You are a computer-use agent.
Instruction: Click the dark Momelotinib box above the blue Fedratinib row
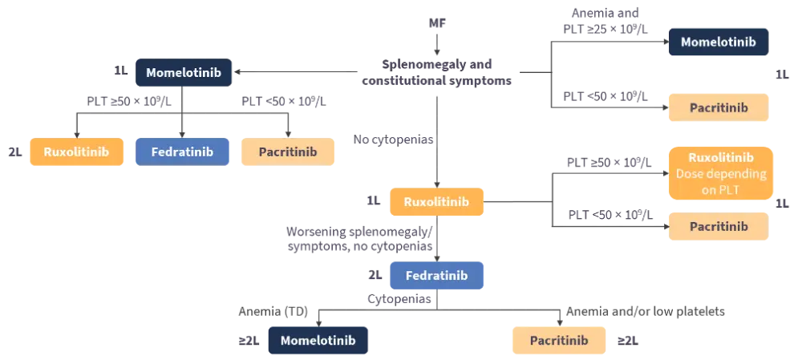(x=185, y=73)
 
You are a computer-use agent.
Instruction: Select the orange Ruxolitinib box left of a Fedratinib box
(x=76, y=151)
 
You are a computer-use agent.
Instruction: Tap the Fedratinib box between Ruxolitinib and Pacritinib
(x=184, y=151)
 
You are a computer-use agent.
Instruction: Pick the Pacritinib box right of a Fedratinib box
(x=288, y=151)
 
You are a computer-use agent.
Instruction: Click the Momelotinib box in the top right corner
(x=719, y=41)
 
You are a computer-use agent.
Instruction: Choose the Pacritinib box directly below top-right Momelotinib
(x=719, y=106)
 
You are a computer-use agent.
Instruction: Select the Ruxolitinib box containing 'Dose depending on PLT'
(x=721, y=172)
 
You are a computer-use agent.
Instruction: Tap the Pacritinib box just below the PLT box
(x=719, y=226)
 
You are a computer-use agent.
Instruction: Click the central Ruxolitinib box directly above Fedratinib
(x=437, y=201)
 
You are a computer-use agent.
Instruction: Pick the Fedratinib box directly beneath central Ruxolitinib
(x=437, y=275)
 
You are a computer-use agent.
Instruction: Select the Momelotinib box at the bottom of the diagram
(x=317, y=340)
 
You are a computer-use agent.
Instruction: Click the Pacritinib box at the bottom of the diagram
(x=558, y=340)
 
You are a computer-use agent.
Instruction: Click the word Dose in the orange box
(x=691, y=173)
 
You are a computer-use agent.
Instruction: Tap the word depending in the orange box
(x=735, y=173)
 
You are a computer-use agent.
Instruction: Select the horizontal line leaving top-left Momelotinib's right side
(x=297, y=74)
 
